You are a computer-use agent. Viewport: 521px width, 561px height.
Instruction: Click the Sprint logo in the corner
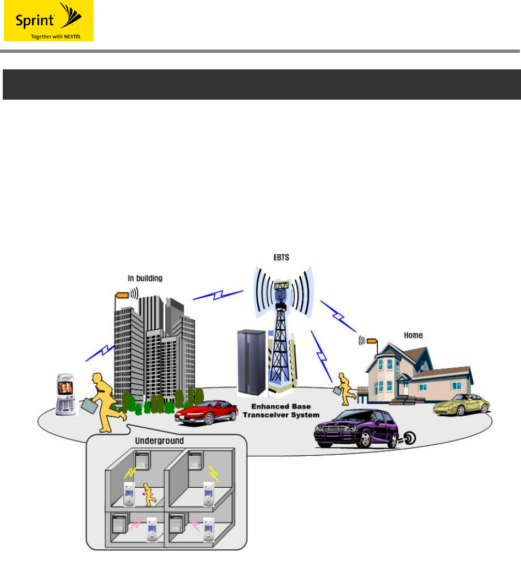click(x=48, y=21)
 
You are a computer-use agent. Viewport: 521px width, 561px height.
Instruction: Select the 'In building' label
click(x=145, y=279)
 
